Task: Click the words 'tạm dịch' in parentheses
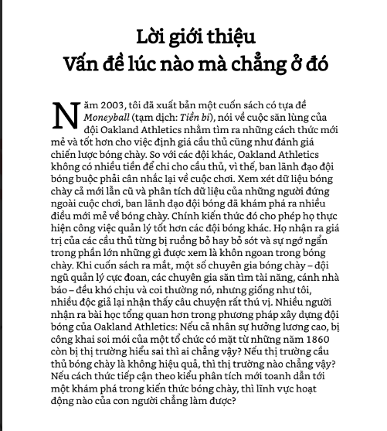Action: point(161,118)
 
